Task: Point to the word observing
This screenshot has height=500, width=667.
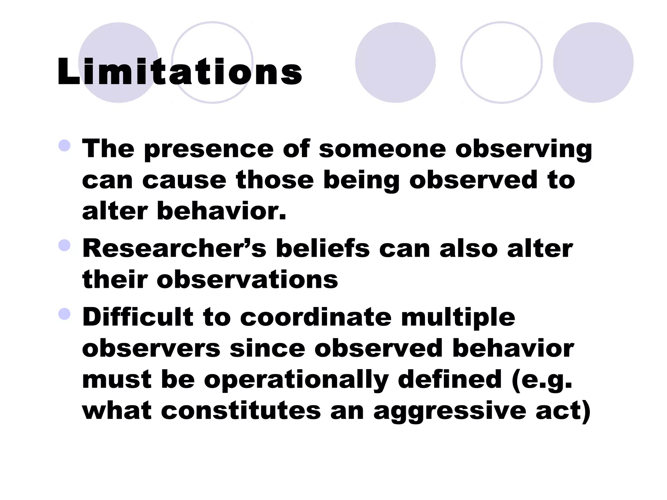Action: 523,150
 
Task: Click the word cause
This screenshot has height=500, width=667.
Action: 184,180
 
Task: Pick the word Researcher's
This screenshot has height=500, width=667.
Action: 174,249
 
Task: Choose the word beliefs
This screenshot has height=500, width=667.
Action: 323,249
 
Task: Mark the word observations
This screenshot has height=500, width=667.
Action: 247,280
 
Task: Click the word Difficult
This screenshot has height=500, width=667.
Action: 138,317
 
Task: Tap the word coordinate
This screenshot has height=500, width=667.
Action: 315,317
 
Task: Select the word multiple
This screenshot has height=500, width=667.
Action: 458,318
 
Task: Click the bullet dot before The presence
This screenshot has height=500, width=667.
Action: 64,146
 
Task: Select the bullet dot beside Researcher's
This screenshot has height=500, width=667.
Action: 64,245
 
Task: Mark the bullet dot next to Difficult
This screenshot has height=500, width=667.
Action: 64,314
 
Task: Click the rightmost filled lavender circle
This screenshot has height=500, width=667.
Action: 593,62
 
